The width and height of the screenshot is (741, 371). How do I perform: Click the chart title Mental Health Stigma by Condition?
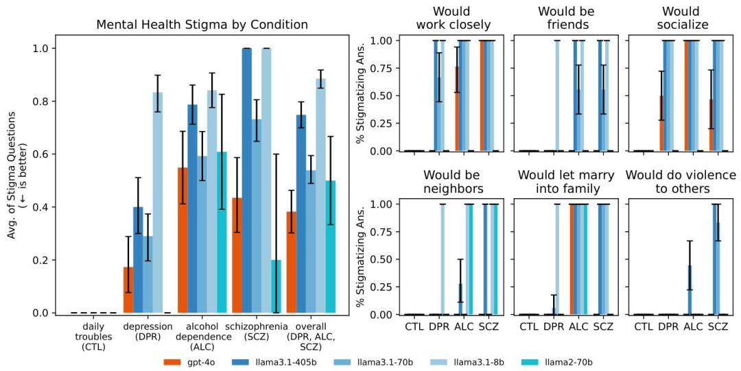click(x=202, y=25)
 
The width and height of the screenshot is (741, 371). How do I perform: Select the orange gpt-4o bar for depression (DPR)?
click(x=128, y=289)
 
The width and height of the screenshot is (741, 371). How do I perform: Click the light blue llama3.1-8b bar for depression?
click(x=158, y=203)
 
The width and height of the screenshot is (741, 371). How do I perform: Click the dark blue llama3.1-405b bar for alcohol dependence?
click(x=193, y=208)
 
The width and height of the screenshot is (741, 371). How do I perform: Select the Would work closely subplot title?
click(x=453, y=19)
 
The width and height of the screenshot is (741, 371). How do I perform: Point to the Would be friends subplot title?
click(x=566, y=19)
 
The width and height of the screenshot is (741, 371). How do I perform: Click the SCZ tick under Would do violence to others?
click(x=717, y=326)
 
